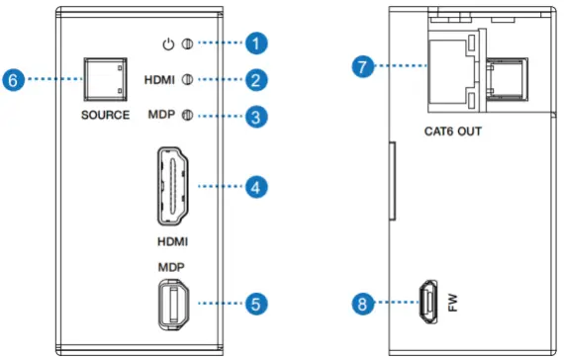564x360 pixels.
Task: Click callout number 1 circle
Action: pos(257,44)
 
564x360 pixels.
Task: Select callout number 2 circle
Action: pos(257,79)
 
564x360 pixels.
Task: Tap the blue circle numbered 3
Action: pos(257,116)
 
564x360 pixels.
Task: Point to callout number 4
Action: pos(257,185)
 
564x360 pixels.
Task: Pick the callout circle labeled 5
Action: pos(257,303)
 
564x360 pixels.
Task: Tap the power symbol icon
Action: pos(170,44)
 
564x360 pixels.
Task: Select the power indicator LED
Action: pos(187,44)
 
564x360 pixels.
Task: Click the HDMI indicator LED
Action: pos(187,79)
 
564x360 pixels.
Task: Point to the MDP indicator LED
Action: pos(187,116)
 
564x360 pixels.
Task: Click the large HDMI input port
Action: pos(172,186)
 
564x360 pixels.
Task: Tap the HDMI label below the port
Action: pos(171,240)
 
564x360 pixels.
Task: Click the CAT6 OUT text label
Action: pos(454,130)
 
